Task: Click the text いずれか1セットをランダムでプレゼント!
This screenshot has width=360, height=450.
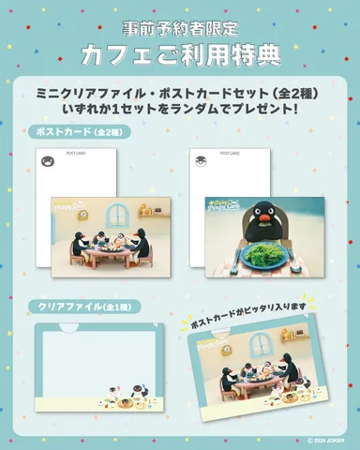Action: [x=180, y=112]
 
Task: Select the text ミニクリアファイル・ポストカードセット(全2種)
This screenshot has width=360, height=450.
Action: [x=180, y=95]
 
